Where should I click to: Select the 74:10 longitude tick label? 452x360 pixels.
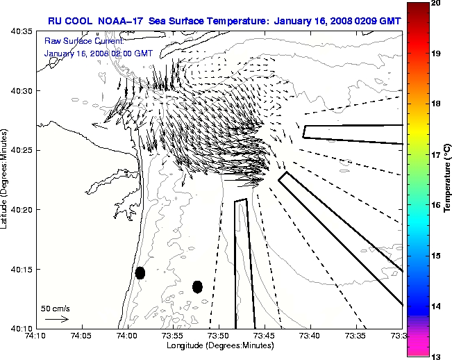tap(36, 335)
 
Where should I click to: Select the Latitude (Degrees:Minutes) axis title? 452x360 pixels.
tap(5, 179)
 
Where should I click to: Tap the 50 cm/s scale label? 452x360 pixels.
tap(56, 308)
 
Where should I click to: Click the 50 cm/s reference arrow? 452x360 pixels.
tap(56, 319)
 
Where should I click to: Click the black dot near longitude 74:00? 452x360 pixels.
tap(140, 272)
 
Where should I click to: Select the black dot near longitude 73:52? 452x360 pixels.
tap(197, 286)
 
